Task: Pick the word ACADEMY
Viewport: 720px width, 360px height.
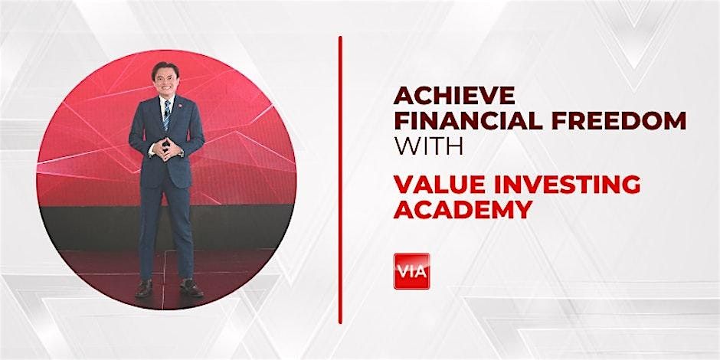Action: [x=461, y=210]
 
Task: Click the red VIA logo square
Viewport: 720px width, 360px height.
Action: [x=411, y=270]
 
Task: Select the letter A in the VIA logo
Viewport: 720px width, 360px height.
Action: [x=421, y=270]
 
